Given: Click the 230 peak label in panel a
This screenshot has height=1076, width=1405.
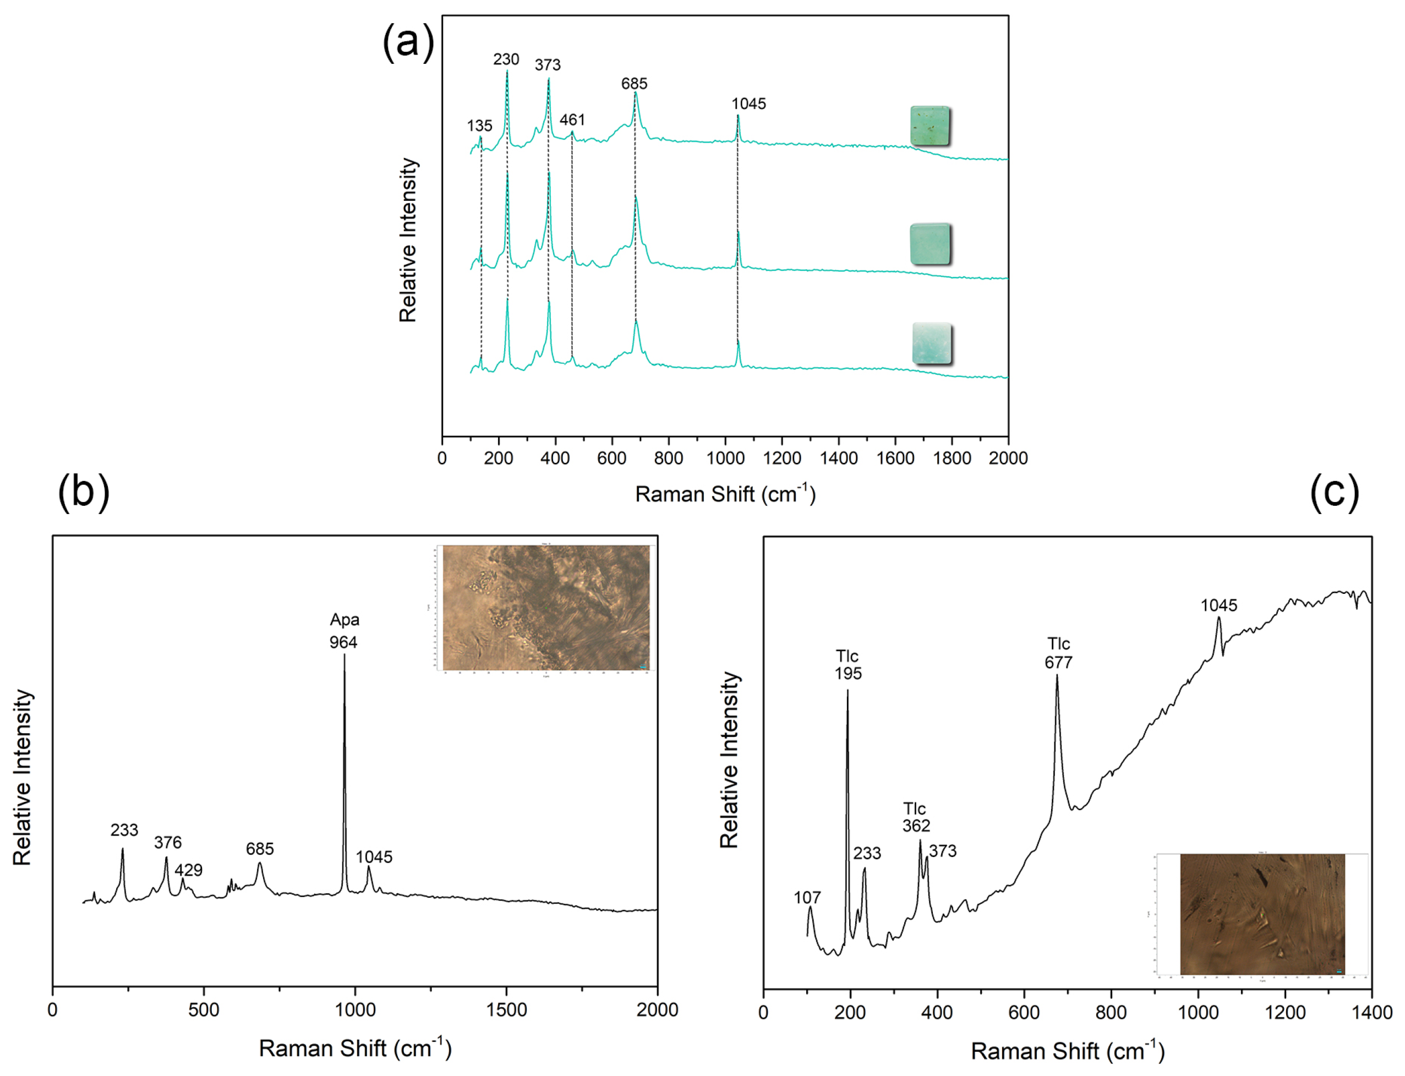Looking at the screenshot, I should tap(505, 59).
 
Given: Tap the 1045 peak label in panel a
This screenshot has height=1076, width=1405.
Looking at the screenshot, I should tap(748, 104).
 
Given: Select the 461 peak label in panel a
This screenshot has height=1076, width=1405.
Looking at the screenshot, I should tap(572, 120).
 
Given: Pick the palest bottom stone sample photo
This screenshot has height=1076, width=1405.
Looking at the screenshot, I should tap(931, 344).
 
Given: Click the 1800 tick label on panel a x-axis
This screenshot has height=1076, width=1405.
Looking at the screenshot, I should tap(952, 458).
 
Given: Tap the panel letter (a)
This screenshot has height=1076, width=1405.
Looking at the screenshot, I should tap(408, 42).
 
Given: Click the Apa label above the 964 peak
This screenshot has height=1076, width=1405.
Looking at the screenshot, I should tap(345, 619).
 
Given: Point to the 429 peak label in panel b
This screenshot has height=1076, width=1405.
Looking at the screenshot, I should tap(188, 870).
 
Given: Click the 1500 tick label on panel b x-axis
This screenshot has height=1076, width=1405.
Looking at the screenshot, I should tap(506, 1010).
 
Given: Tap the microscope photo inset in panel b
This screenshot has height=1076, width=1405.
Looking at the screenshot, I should tap(545, 607).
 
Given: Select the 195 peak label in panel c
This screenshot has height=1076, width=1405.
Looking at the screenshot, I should tap(848, 673).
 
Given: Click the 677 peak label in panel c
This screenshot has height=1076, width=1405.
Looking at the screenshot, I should tap(1058, 662).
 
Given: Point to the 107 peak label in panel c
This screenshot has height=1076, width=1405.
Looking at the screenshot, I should tap(807, 897).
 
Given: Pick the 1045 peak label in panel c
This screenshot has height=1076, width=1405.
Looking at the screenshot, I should tap(1218, 605).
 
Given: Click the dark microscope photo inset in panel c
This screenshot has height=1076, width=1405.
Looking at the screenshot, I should tap(1261, 914).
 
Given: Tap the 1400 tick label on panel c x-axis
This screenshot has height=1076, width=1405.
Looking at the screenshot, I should tap(1371, 1013).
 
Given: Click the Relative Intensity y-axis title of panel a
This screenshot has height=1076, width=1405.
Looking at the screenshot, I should tap(408, 239).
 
